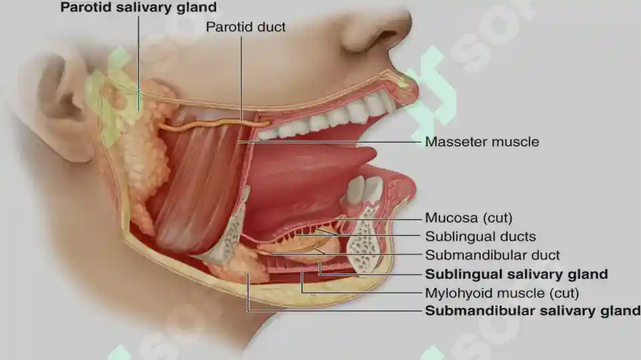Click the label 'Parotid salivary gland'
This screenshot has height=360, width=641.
click(139, 7)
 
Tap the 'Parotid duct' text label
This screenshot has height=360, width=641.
click(245, 27)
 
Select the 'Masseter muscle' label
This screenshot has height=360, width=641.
click(482, 142)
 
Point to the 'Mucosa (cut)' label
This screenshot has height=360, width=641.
click(468, 218)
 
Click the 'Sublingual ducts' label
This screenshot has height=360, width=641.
click(480, 236)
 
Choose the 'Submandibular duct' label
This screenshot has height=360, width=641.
click(492, 255)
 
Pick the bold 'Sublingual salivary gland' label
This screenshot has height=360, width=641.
click(516, 274)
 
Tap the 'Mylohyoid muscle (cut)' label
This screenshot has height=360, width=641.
click(502, 293)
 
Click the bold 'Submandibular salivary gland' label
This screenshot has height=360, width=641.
click(533, 311)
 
